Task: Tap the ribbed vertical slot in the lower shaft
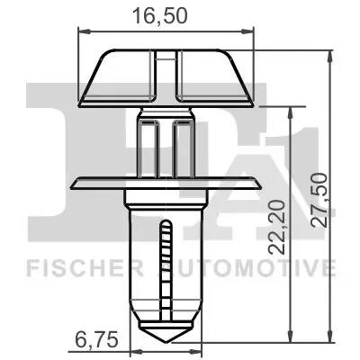[165, 270]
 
